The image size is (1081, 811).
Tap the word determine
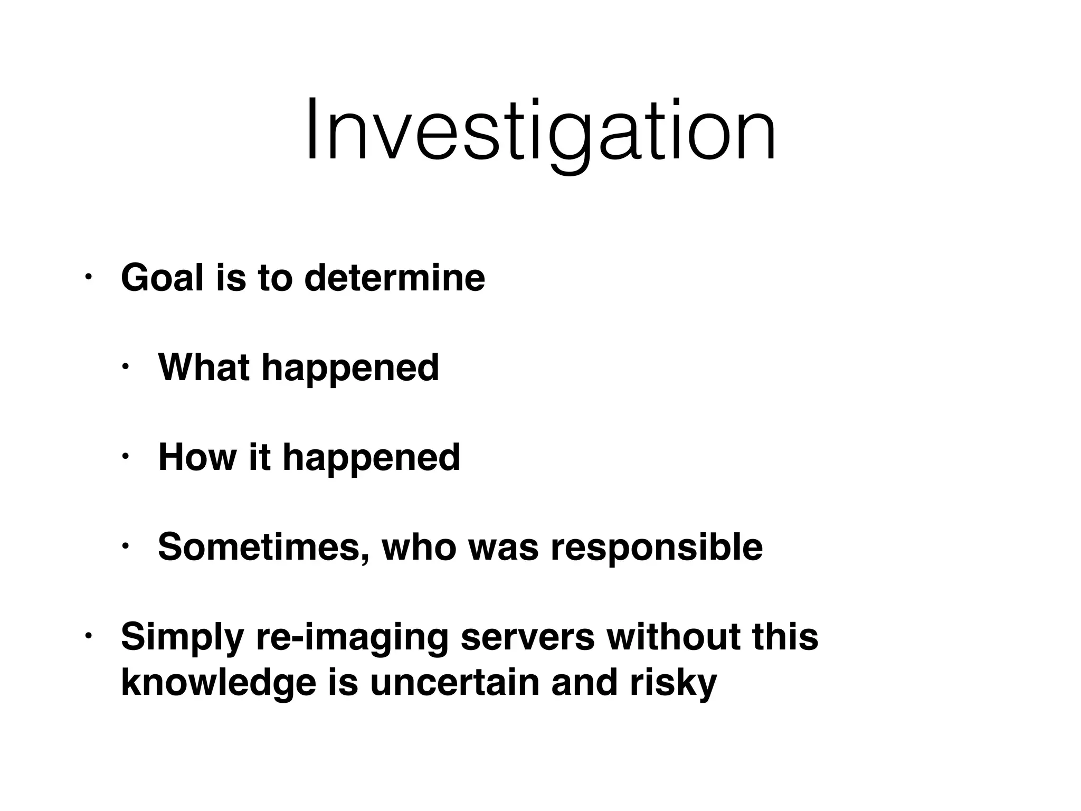395,278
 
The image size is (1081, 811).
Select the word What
204,367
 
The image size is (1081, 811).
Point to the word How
197,457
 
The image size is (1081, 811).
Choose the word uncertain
454,682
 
